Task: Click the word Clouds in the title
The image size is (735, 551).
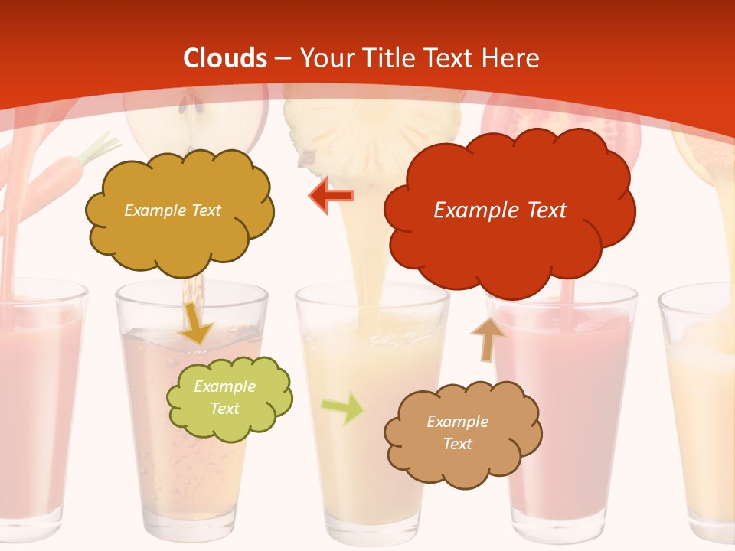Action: coord(225,58)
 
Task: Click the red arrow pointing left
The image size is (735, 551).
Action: coord(332,196)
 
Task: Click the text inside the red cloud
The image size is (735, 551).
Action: coord(500,210)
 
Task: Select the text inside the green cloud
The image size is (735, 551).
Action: coord(225,397)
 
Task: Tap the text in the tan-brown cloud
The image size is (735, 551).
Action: coord(457,432)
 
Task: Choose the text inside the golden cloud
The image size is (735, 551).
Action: coord(172,210)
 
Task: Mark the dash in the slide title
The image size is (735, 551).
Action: coord(283,59)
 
